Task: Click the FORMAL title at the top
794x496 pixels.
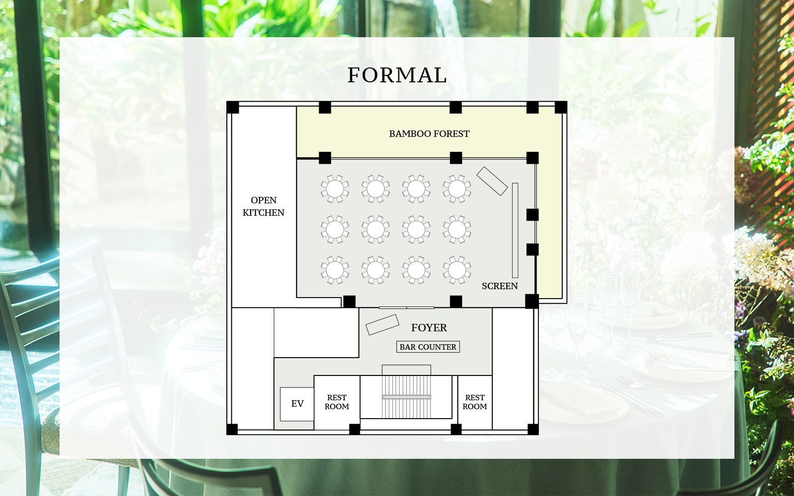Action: [397, 75]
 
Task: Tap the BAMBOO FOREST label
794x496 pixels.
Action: [429, 134]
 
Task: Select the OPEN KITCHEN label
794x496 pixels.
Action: [264, 206]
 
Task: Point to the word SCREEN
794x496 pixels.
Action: [499, 286]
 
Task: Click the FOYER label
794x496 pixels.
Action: [429, 328]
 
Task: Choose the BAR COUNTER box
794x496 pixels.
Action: [428, 347]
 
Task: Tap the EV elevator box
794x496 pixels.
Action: [297, 404]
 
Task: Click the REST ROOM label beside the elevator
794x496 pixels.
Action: [337, 402]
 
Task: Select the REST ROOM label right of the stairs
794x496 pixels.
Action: [474, 402]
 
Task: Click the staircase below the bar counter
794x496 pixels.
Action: [406, 397]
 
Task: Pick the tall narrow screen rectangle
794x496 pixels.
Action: [515, 231]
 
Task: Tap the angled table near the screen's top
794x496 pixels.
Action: [492, 181]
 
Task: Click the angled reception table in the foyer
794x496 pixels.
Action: [382, 324]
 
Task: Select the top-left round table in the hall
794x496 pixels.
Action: [334, 189]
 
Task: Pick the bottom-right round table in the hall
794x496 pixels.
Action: [457, 270]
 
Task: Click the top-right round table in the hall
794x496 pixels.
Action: [457, 189]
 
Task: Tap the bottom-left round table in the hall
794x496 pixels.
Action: [334, 270]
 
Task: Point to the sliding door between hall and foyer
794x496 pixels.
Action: [406, 308]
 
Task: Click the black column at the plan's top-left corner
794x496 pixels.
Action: [233, 107]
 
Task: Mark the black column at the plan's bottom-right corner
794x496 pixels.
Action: [533, 430]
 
